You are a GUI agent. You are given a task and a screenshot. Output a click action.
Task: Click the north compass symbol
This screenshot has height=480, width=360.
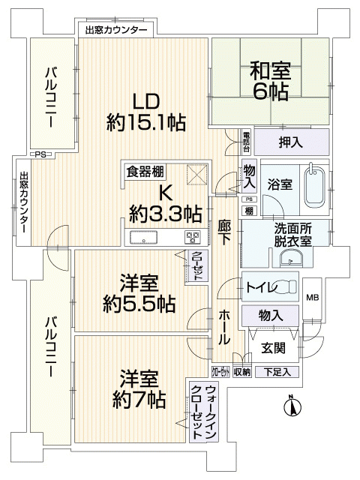tap(292, 406)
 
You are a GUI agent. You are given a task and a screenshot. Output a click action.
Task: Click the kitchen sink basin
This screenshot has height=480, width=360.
tap(143, 238)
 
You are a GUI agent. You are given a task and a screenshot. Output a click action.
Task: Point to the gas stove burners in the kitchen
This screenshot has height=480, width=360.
tap(193, 238)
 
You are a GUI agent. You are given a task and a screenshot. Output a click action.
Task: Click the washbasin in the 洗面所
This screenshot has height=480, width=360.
tap(291, 258)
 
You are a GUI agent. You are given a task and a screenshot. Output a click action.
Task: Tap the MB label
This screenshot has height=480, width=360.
tap(313, 297)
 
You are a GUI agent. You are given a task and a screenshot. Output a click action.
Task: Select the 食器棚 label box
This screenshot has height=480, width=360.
tap(145, 172)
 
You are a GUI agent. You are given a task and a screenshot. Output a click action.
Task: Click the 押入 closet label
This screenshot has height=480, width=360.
tap(290, 142)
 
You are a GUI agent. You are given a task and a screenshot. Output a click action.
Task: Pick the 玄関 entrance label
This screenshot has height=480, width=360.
tap(273, 348)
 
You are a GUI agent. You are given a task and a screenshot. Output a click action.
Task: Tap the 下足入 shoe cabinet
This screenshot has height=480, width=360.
tap(277, 372)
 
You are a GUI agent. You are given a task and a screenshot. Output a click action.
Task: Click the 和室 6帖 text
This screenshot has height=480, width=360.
tap(270, 81)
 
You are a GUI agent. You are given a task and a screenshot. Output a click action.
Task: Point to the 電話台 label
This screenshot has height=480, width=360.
tap(247, 142)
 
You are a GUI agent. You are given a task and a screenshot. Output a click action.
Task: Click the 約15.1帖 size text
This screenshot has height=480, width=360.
tap(146, 123)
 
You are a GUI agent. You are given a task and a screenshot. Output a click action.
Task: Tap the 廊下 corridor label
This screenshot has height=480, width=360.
tap(224, 232)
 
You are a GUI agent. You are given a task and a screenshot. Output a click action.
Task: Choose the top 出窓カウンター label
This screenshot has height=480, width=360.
tap(116, 30)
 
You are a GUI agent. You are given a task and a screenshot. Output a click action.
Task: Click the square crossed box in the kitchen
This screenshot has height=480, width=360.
tap(197, 175)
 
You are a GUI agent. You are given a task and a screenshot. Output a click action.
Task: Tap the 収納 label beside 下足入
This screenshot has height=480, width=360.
tap(242, 372)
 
